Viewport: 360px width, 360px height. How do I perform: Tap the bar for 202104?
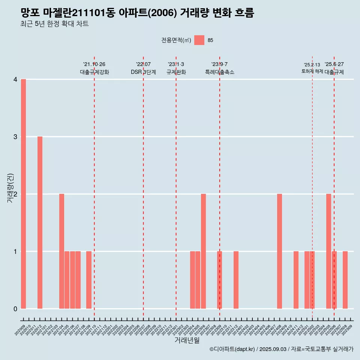pos(61,251)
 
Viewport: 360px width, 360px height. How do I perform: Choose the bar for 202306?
pos(203,251)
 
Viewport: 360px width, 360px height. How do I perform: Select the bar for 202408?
pos(279,251)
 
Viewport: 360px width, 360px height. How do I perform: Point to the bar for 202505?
pos(328,251)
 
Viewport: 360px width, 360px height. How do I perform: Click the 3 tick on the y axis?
pos(15,137)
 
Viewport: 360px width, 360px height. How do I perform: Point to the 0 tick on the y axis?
pos(15,309)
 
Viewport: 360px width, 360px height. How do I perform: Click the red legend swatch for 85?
pos(199,40)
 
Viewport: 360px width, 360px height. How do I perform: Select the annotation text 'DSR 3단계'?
pos(143,72)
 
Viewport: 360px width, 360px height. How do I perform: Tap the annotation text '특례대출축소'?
pos(220,72)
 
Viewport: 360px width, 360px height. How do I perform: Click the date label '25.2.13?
pos(312,65)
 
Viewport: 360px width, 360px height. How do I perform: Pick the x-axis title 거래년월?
pos(187,340)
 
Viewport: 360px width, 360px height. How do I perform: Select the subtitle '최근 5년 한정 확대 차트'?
pos(55,24)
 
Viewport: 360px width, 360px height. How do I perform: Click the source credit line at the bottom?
pos(281,349)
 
